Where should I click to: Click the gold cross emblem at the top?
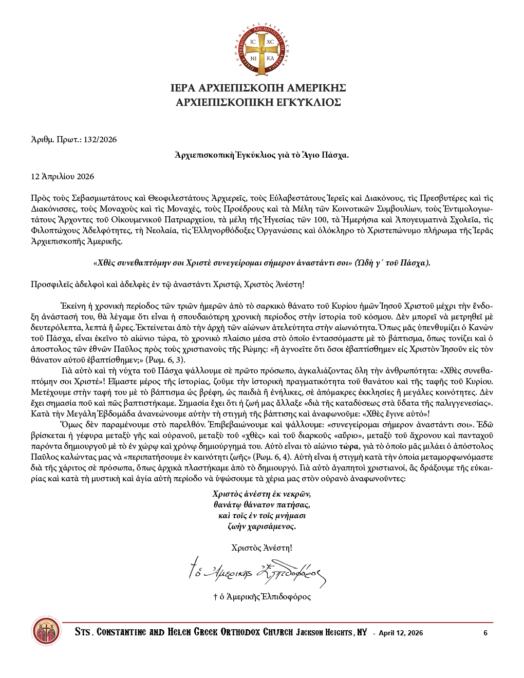262,50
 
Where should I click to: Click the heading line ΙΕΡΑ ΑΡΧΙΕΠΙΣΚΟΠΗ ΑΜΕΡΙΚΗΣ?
258,88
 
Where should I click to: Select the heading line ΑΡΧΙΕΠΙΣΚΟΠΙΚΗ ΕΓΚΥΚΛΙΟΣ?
258,103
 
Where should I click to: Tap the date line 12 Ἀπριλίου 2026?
63,177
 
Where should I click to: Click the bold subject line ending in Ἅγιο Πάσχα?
261,155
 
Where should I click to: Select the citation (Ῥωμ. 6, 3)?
165,360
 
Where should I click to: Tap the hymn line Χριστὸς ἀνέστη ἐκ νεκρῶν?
261,494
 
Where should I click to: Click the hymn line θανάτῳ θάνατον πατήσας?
261,505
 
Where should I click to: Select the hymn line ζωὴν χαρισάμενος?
261,526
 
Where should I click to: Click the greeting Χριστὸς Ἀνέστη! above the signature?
261,548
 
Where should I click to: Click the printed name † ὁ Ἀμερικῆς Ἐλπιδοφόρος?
262,597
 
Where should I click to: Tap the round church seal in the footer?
46,632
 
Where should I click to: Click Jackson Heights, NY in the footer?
331,632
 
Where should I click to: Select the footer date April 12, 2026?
401,633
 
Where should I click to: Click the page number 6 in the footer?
485,633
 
